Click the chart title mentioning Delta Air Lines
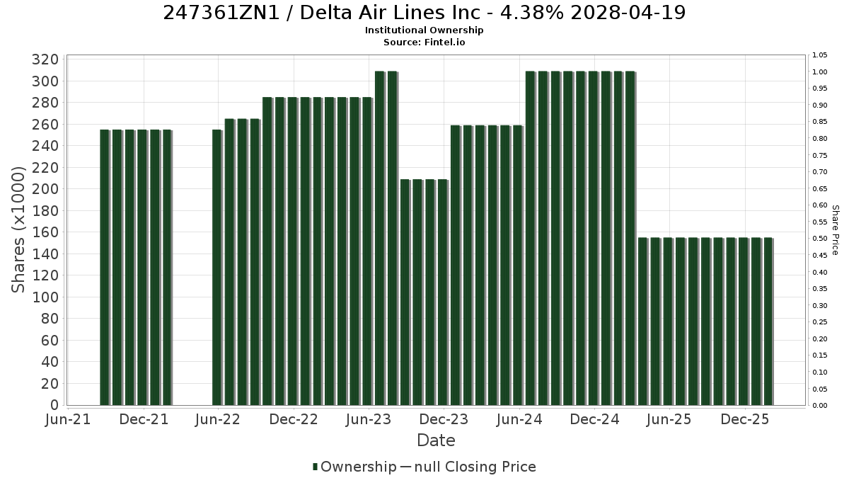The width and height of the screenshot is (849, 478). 424,13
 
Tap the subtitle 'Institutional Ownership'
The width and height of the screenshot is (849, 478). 424,30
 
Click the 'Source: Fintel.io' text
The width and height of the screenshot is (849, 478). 424,42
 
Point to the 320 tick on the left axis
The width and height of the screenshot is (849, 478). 45,59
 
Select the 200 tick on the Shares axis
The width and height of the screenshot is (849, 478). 45,189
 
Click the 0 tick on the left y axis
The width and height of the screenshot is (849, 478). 54,405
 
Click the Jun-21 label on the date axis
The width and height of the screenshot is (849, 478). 68,419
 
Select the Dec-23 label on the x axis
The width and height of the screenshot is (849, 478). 444,419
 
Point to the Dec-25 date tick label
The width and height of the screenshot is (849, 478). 745,419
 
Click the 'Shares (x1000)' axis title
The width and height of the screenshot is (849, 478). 18,230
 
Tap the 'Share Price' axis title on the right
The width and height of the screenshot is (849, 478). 835,230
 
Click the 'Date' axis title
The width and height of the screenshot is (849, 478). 436,440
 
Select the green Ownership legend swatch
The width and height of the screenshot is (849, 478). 315,467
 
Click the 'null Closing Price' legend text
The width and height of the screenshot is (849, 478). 475,467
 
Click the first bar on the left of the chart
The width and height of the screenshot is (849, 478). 105,268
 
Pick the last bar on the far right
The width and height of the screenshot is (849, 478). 768,321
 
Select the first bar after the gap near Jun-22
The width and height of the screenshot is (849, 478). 216,268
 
